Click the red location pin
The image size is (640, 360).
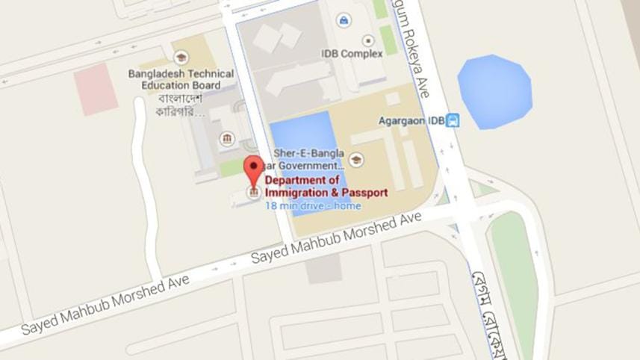coord(254,170)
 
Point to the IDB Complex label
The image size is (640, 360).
coord(352,54)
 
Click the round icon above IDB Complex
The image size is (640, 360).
coord(367,40)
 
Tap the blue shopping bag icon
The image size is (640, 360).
coord(344,20)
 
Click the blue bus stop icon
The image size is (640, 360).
coord(452,120)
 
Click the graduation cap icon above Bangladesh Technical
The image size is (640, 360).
coord(181,58)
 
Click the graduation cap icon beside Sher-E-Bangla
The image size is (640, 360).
coord(356,159)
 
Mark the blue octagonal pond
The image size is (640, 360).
coord(494,92)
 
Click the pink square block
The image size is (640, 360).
coord(96,89)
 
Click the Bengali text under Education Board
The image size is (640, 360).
coord(180,105)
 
